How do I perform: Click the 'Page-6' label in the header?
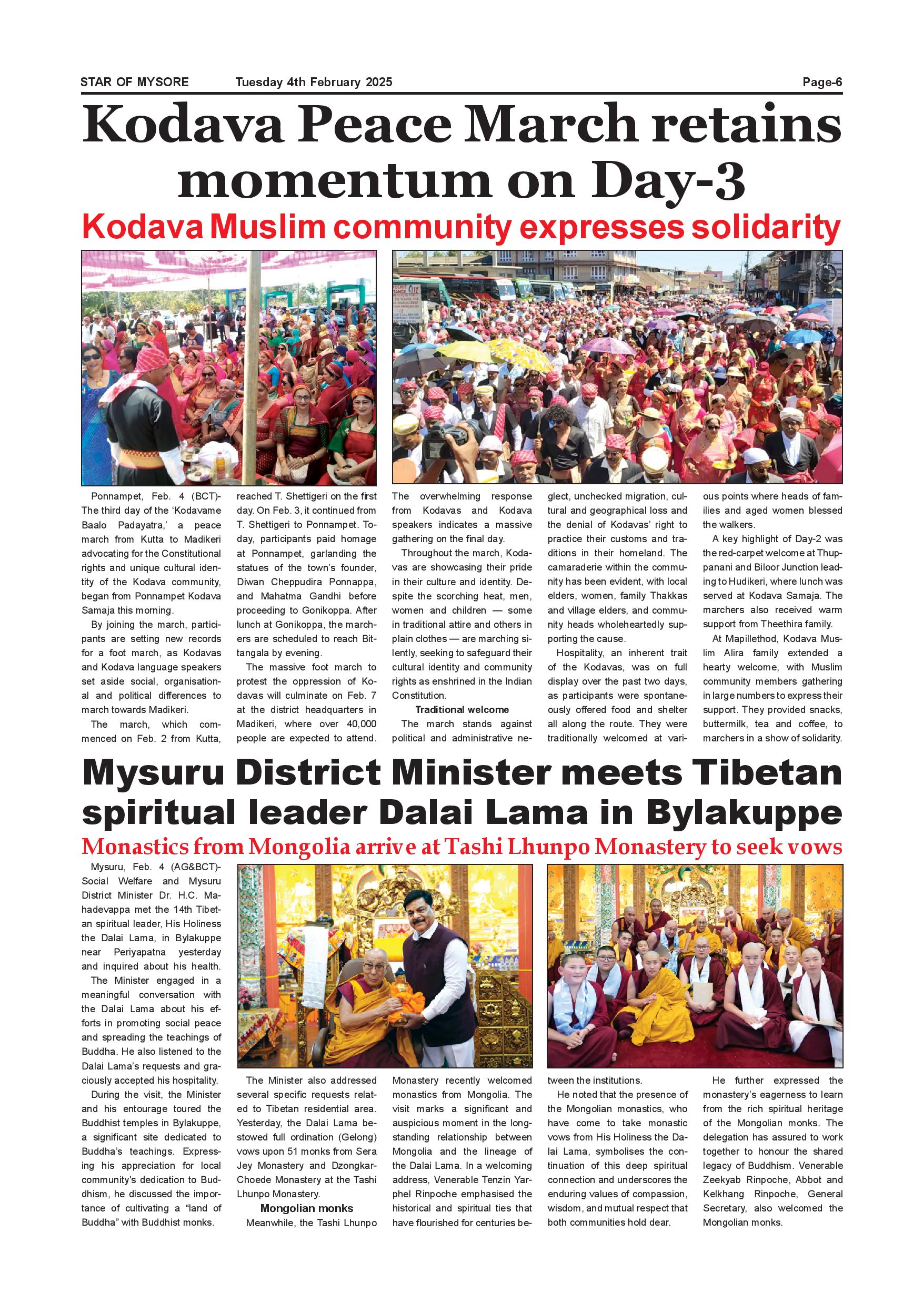point(822,83)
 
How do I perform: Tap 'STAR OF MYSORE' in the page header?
point(135,83)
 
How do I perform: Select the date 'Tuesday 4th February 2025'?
point(314,83)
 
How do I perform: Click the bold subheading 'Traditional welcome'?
point(461,709)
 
